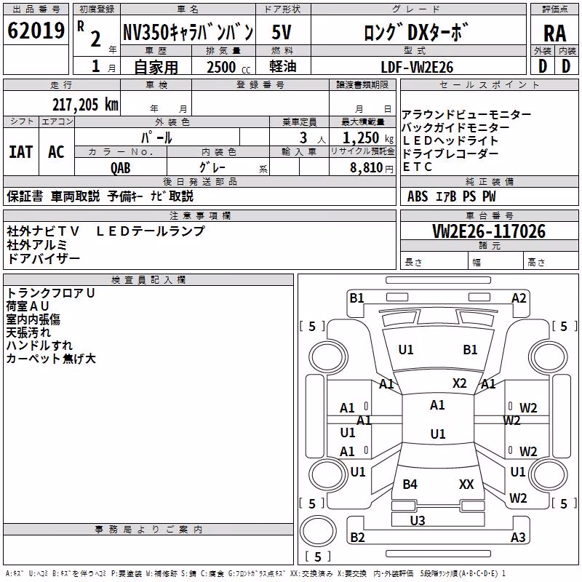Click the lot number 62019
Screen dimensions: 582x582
coord(36,31)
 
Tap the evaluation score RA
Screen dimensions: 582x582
coord(554,33)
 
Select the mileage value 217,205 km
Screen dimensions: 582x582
coord(85,105)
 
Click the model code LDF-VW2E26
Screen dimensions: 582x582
coord(417,67)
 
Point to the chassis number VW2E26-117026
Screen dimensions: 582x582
coord(489,231)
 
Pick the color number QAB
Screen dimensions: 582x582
coord(121,168)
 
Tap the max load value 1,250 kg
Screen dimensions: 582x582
coord(368,138)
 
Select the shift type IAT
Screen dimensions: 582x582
coord(21,152)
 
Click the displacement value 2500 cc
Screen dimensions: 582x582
coord(228,67)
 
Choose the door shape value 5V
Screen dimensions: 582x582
coord(282,32)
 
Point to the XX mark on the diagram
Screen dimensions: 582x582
coord(466,484)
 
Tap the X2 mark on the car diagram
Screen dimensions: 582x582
coord(459,383)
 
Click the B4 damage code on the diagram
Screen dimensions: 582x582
coord(410,484)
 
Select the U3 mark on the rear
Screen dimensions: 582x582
coord(418,520)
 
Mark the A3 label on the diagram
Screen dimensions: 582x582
coord(518,537)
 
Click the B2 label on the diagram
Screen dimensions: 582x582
coord(357,537)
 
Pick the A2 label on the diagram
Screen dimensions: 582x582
coord(519,298)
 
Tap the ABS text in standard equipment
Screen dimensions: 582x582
coord(418,196)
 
